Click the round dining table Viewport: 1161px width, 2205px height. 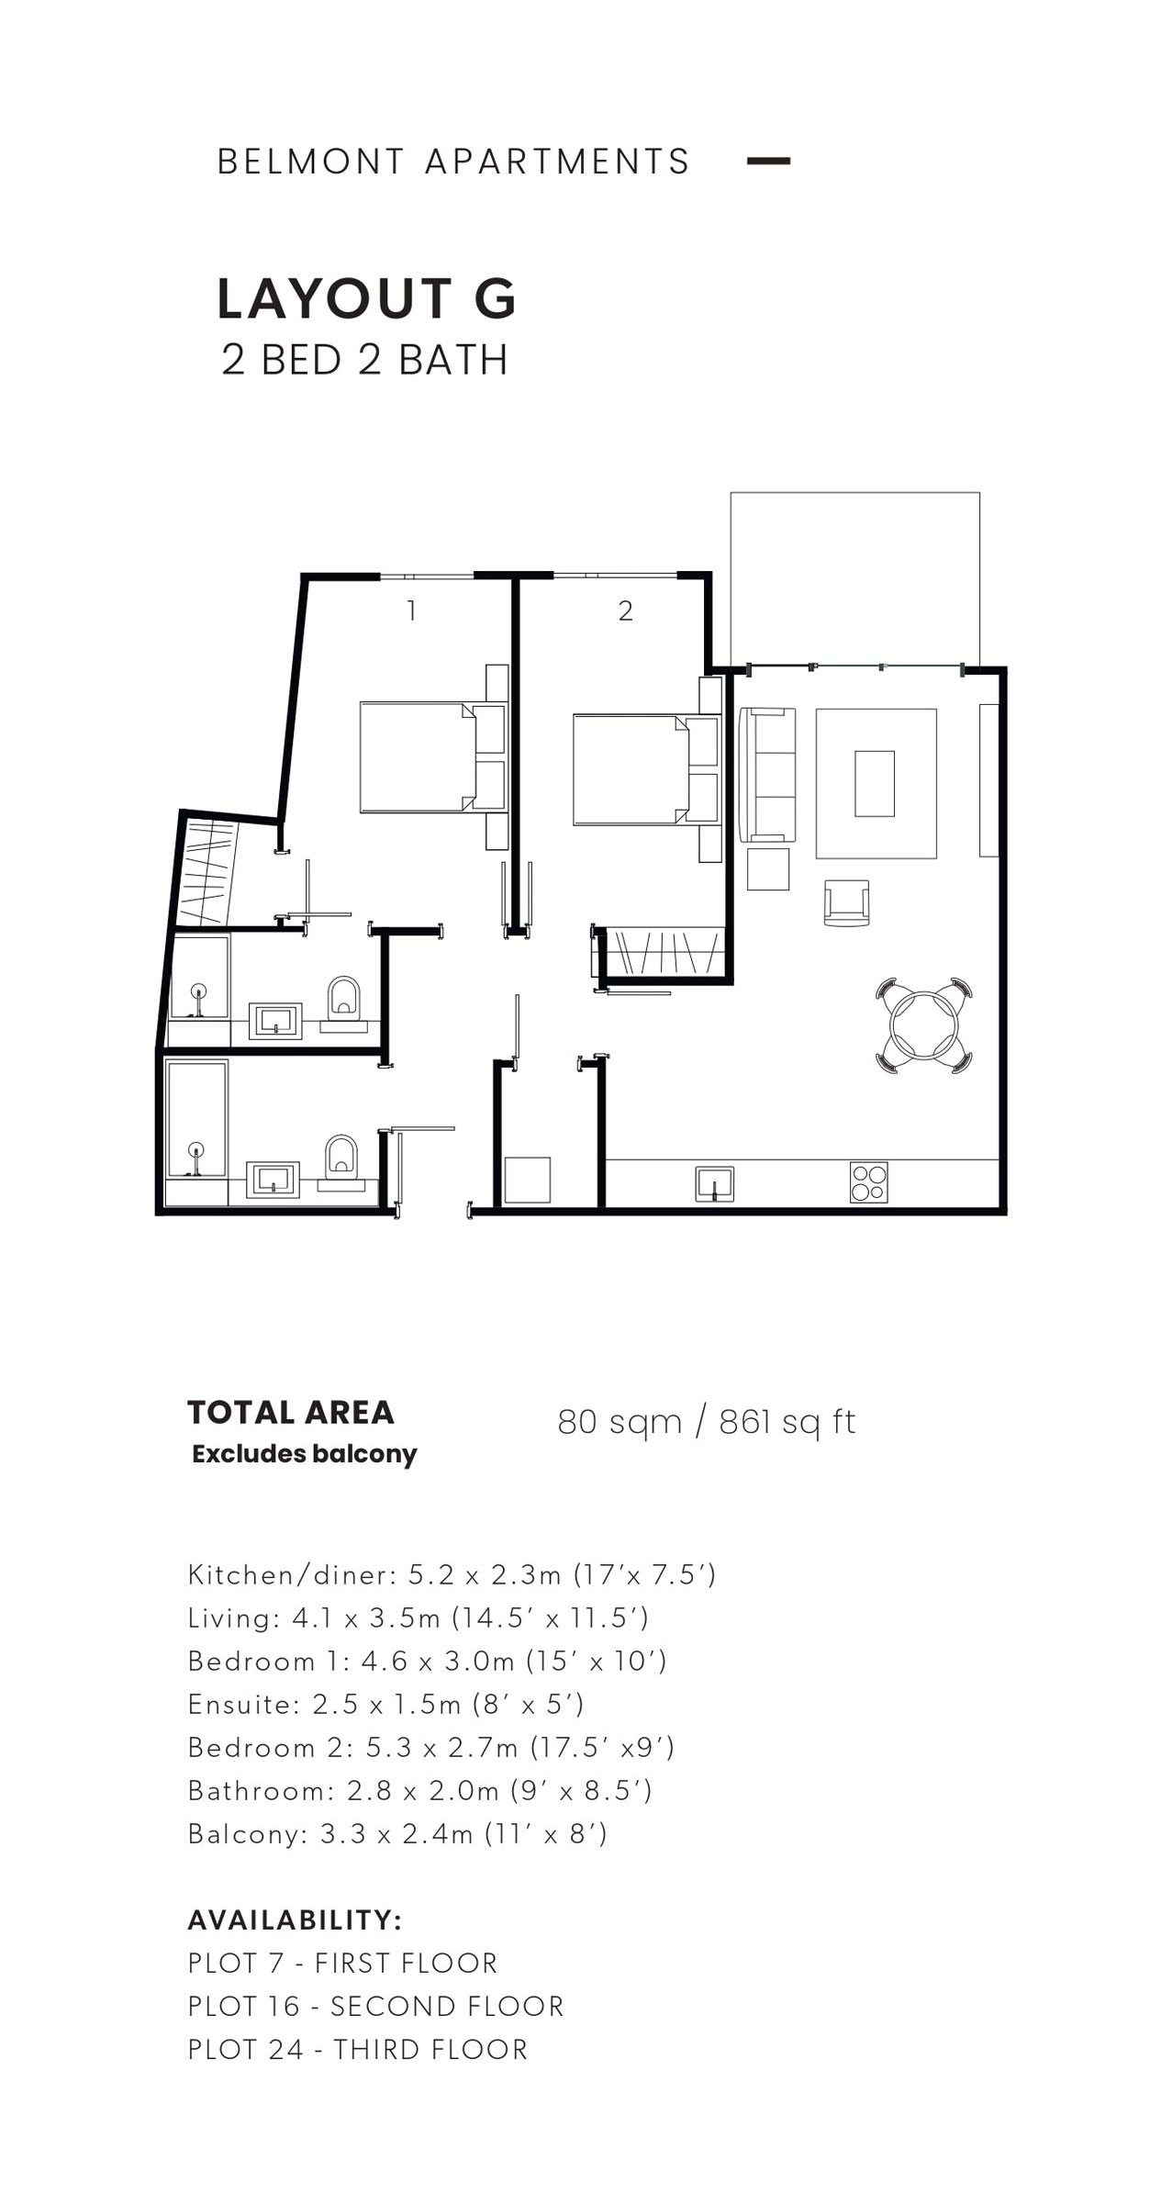pos(921,1024)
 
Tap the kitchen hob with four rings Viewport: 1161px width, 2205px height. pos(868,1182)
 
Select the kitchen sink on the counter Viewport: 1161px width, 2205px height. pos(715,1183)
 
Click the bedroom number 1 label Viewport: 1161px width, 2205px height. pos(412,610)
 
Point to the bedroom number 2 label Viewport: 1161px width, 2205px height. pos(625,610)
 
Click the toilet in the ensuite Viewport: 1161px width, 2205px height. pos(343,999)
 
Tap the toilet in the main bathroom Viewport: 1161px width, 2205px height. pos(340,1158)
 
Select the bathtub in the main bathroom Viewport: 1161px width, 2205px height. pos(196,1118)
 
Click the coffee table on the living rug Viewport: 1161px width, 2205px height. pos(875,783)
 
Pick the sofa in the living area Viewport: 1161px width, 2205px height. pos(767,774)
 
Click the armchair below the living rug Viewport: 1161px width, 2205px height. pos(846,903)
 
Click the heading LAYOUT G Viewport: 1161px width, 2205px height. pos(367,299)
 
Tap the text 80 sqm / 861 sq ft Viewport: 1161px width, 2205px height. pos(707,1422)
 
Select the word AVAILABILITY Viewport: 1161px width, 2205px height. pos(295,1920)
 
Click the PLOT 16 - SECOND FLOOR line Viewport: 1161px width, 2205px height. pos(375,2006)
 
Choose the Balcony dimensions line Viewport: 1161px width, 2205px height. pos(397,1833)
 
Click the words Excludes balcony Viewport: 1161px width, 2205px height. pos(305,1454)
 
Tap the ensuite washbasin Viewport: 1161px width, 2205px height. pos(275,1020)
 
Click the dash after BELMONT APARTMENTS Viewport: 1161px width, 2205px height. pos(768,161)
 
